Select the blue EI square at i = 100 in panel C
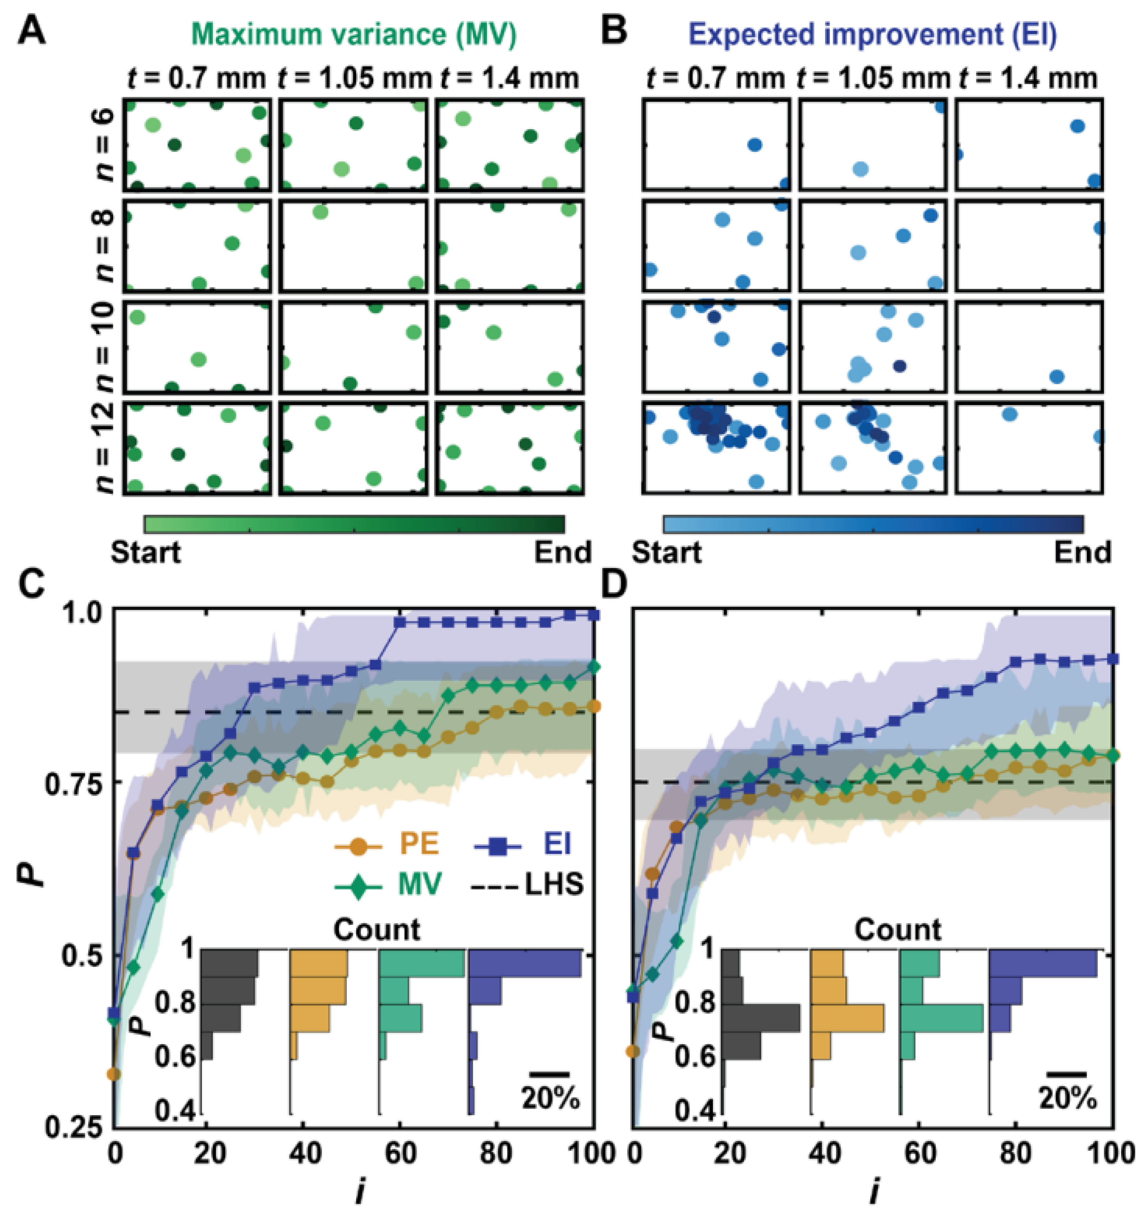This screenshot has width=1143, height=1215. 594,616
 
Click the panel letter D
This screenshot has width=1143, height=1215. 614,585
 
